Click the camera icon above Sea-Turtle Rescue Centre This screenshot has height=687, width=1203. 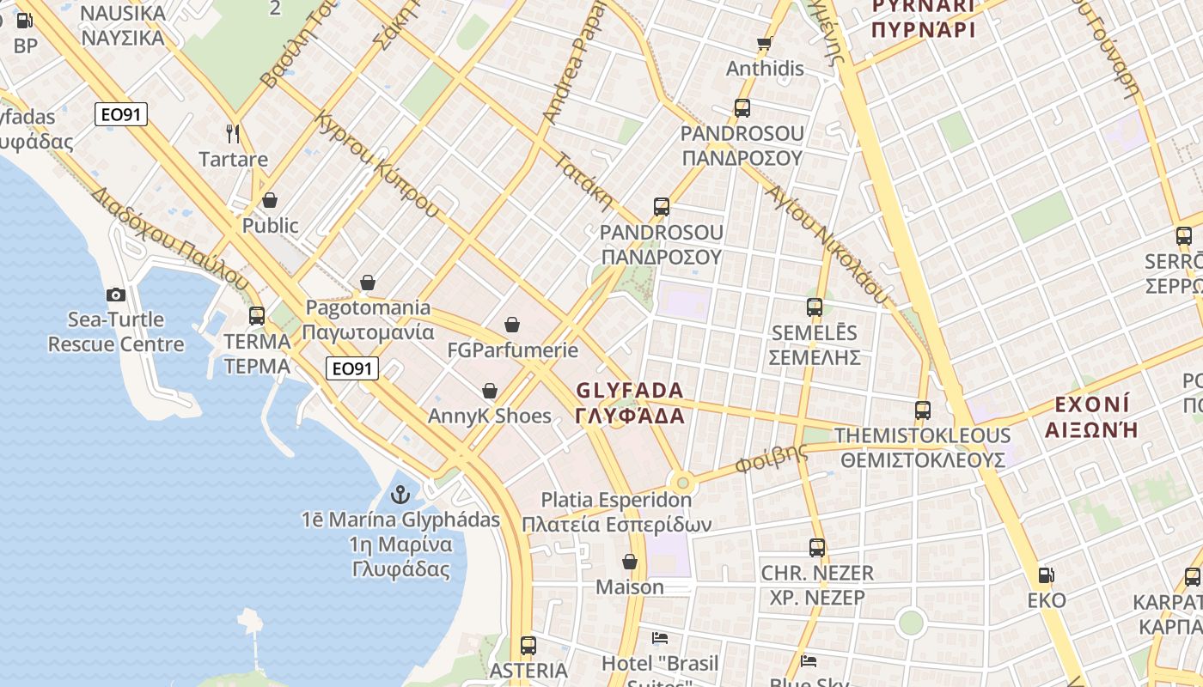click(116, 295)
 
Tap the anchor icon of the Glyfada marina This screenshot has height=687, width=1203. click(400, 495)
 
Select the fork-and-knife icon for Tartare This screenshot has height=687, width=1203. click(232, 133)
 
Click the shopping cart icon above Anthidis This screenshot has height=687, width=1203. click(764, 43)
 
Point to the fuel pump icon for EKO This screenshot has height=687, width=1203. click(1046, 575)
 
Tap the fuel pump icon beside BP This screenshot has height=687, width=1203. click(24, 21)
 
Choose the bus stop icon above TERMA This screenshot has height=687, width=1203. click(257, 315)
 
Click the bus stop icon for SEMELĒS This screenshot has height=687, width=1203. click(814, 307)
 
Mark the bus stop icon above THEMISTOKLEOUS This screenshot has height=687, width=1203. click(923, 410)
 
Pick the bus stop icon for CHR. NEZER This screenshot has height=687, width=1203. click(816, 547)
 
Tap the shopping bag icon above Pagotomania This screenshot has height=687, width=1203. click(368, 282)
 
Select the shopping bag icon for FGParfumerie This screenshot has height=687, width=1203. click(512, 324)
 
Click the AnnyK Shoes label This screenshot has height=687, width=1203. click(490, 416)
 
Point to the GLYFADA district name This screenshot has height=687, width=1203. click(630, 403)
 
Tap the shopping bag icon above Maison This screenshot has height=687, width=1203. click(630, 562)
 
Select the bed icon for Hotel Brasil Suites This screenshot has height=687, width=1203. click(660, 638)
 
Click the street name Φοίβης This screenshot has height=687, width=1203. click(771, 459)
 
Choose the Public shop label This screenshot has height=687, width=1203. click(270, 226)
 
